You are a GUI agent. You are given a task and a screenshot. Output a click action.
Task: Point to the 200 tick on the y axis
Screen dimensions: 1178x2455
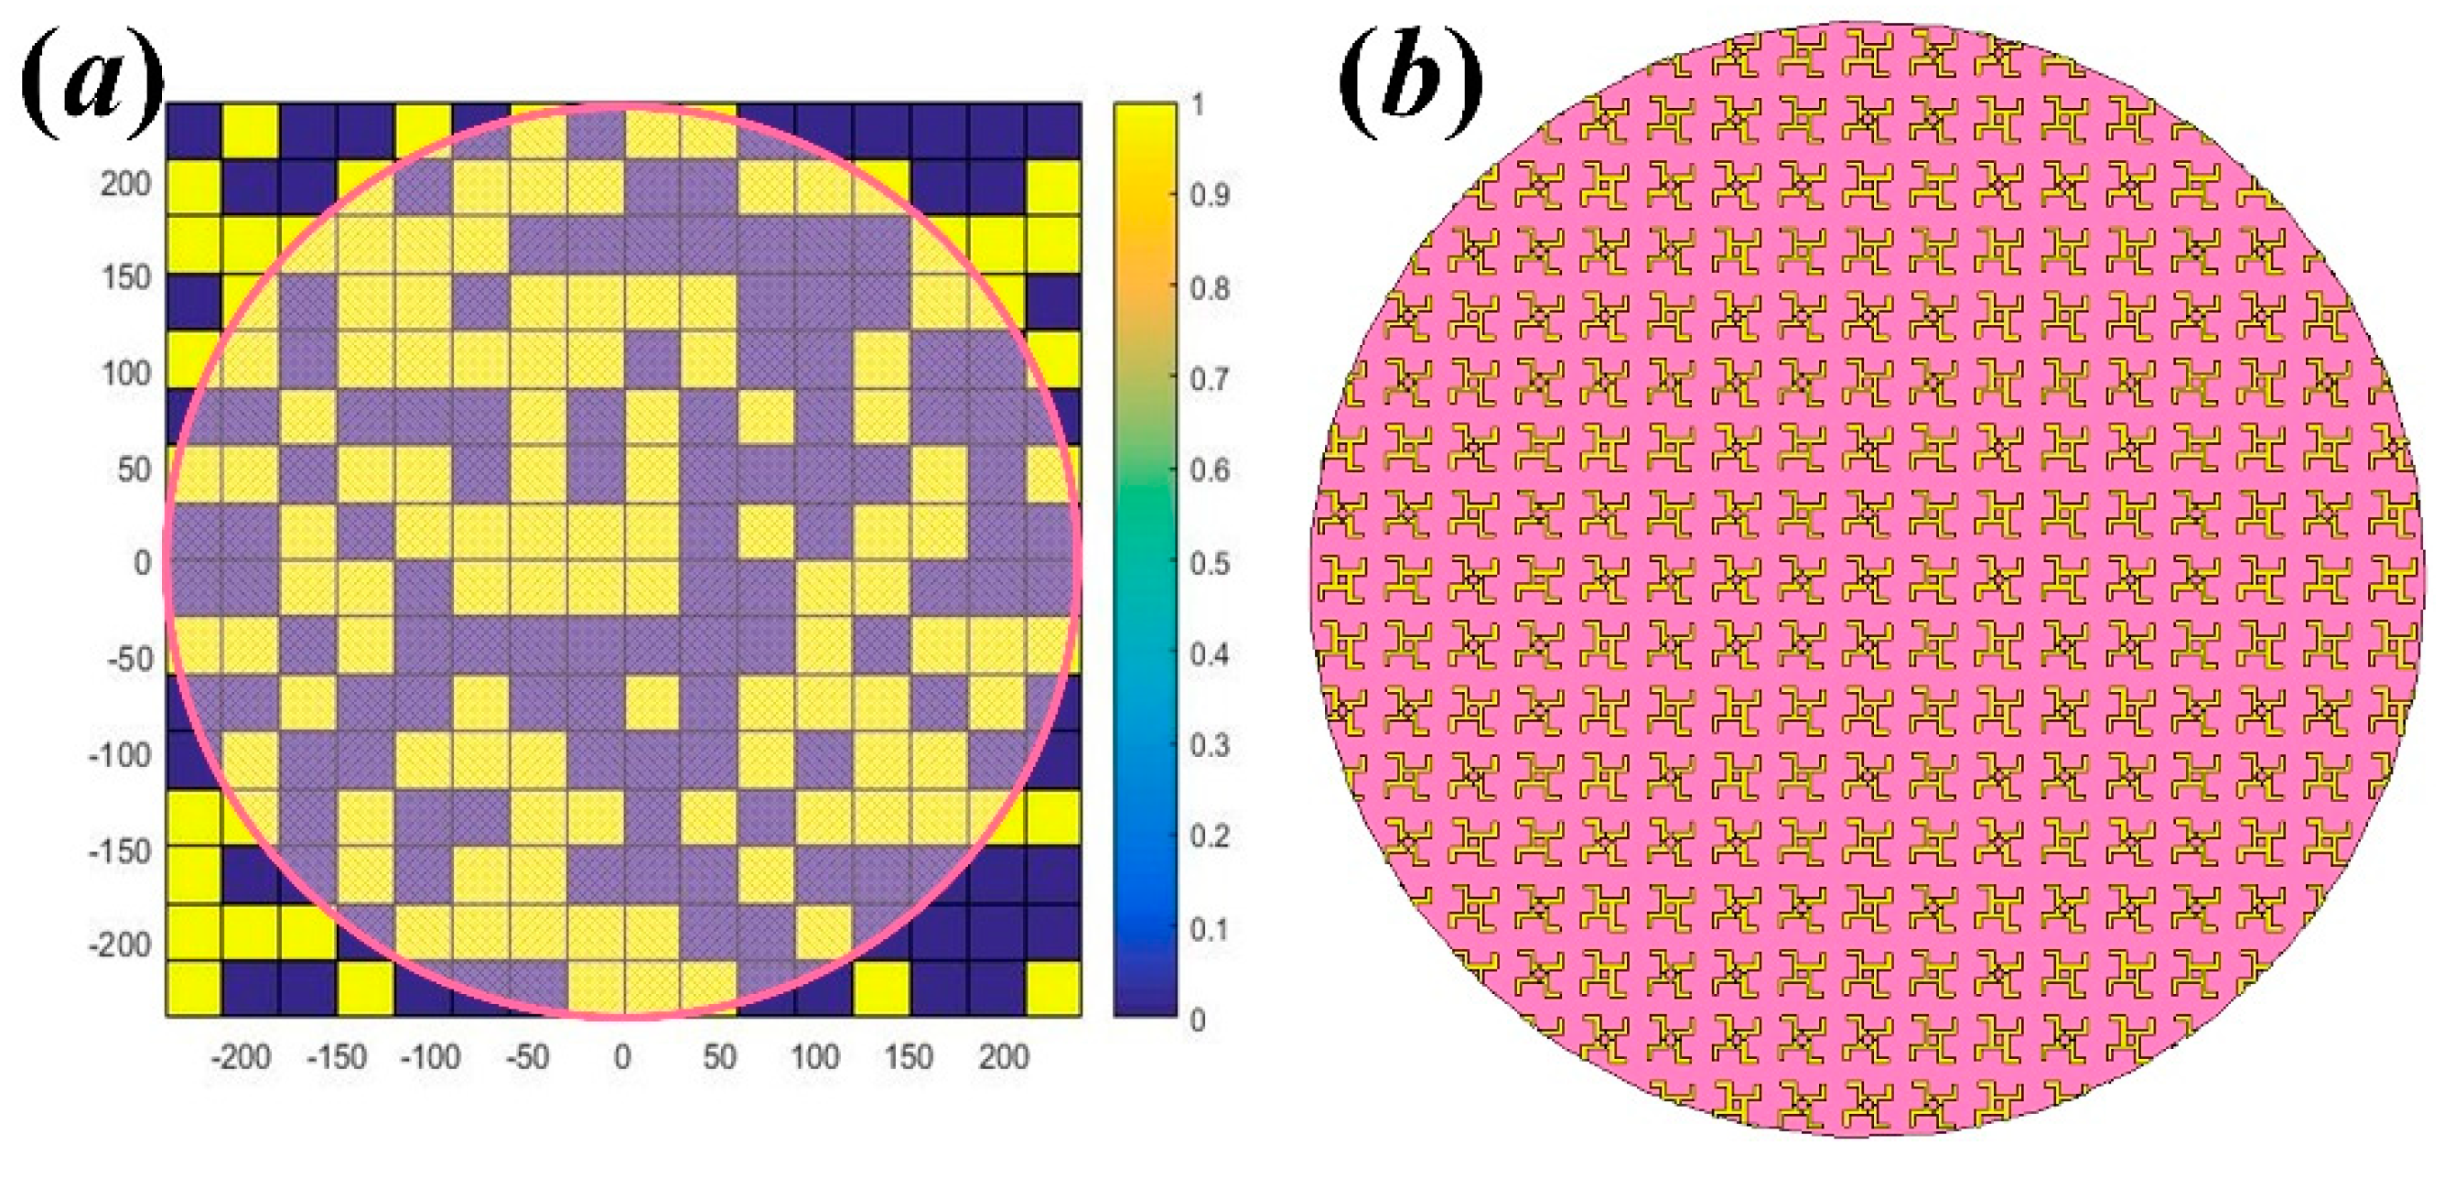[124, 183]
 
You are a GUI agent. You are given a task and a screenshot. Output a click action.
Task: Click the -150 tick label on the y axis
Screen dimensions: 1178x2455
[119, 850]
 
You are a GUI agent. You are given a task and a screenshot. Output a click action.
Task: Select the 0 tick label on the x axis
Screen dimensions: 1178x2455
[622, 1057]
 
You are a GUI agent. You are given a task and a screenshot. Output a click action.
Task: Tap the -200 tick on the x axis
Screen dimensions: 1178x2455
[240, 1057]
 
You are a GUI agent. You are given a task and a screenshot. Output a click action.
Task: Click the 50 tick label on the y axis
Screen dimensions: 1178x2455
[133, 469]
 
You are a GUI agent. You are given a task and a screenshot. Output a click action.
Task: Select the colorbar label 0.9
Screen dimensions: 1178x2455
[1210, 194]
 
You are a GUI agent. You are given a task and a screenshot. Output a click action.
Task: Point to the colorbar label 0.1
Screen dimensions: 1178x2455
[1210, 928]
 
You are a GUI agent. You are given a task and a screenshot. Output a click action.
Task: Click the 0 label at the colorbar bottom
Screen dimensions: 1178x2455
[1197, 1020]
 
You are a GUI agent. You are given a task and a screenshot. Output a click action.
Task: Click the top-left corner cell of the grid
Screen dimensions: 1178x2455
[194, 131]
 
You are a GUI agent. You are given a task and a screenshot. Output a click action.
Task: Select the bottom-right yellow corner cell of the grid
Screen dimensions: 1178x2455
[1053, 989]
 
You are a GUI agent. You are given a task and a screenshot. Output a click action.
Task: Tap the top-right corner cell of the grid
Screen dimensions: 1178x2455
[1053, 131]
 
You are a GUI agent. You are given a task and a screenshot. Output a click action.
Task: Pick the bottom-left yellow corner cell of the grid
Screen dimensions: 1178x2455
[194, 989]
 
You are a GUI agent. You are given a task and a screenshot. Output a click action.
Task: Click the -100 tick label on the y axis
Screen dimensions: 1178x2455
[119, 755]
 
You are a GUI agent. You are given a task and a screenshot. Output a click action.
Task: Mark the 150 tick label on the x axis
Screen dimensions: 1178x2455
[909, 1057]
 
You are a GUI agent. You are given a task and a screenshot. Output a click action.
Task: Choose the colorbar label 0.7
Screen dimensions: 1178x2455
[1210, 378]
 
